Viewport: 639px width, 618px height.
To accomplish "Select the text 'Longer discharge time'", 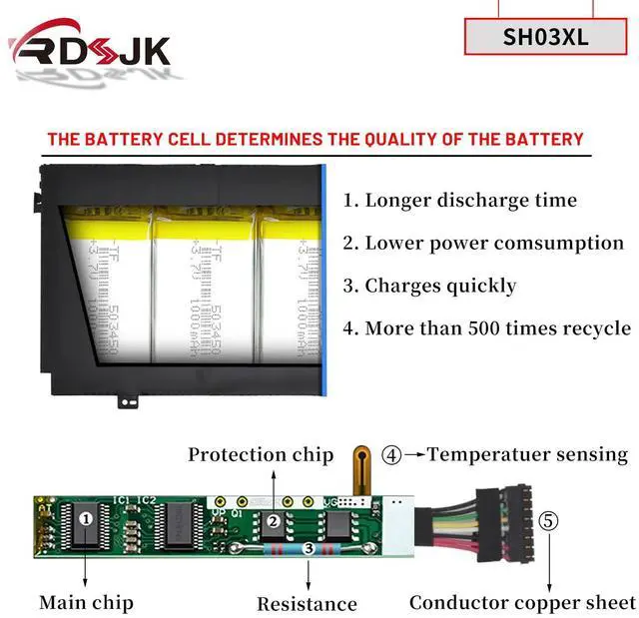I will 460,200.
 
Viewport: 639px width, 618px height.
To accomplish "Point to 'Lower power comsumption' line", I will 483,243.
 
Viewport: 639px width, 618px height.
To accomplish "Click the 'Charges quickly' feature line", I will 430,286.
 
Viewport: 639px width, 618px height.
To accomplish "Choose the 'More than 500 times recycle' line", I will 486,328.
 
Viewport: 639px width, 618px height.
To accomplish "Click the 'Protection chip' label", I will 261,455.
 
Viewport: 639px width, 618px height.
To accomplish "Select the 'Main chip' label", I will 86,602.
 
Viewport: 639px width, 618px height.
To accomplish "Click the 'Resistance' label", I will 307,603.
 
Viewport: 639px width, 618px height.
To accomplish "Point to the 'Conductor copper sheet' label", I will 522,602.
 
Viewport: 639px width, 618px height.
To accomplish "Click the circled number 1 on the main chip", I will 86,519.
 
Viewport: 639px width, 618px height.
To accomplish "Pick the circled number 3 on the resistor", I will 309,548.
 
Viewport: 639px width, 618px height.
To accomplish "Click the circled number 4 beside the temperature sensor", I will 392,455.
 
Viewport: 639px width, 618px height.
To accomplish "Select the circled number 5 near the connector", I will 549,520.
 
